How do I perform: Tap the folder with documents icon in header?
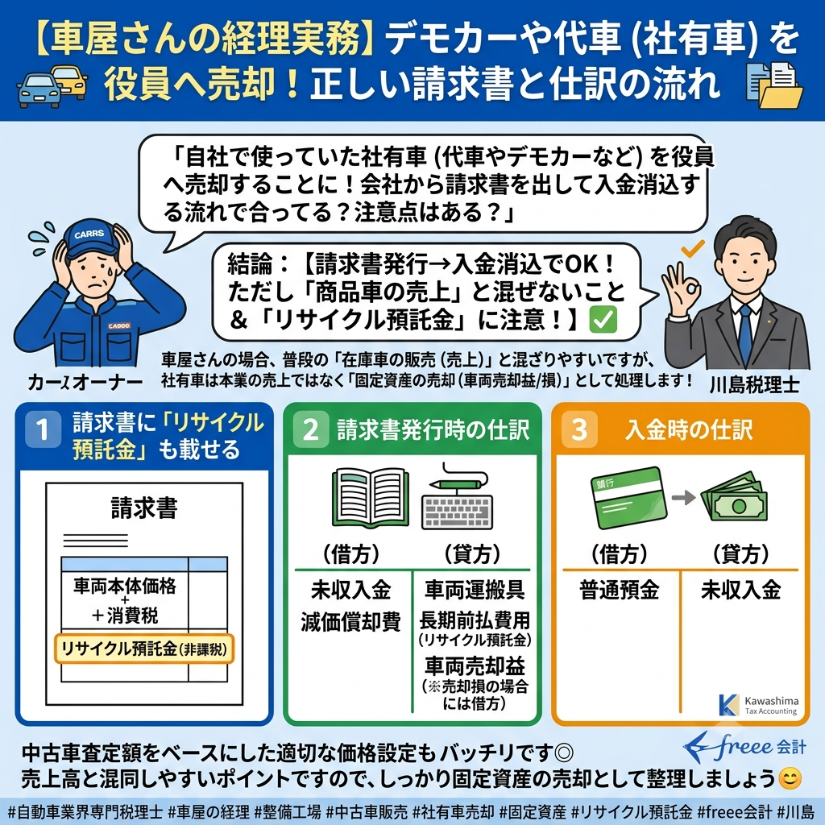coord(775,85)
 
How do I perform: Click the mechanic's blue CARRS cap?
coord(90,239)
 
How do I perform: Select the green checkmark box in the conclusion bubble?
coord(603,319)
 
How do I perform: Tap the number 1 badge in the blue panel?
coord(44,429)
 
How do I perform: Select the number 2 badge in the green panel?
coord(311,429)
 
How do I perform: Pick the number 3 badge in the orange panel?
coord(579,429)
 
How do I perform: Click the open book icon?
coord(371,498)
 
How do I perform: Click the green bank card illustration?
coord(628,497)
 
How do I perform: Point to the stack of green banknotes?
coord(735,498)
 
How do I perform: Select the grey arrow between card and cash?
coord(683,497)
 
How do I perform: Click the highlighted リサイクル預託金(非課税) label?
coord(143,649)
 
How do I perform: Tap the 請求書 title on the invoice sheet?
coord(144,508)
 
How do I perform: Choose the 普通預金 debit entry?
coord(620,590)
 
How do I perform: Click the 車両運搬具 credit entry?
coord(475,590)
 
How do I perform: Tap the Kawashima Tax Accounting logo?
coord(758,706)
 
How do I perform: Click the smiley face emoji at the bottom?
coord(790,779)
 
